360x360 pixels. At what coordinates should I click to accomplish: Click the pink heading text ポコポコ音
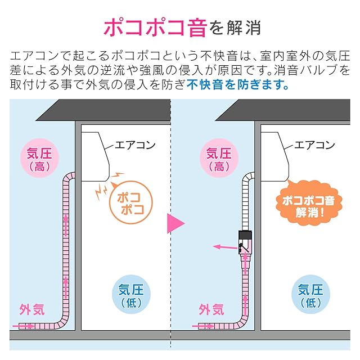tap(155, 26)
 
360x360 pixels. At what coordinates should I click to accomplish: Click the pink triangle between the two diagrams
tap(175, 223)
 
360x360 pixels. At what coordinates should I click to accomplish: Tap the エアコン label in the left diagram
tap(134, 145)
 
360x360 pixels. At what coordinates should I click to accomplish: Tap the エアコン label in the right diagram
tap(314, 145)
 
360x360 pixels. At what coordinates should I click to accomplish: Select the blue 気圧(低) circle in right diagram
tap(310, 296)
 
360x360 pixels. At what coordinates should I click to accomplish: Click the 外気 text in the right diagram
tap(211, 309)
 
